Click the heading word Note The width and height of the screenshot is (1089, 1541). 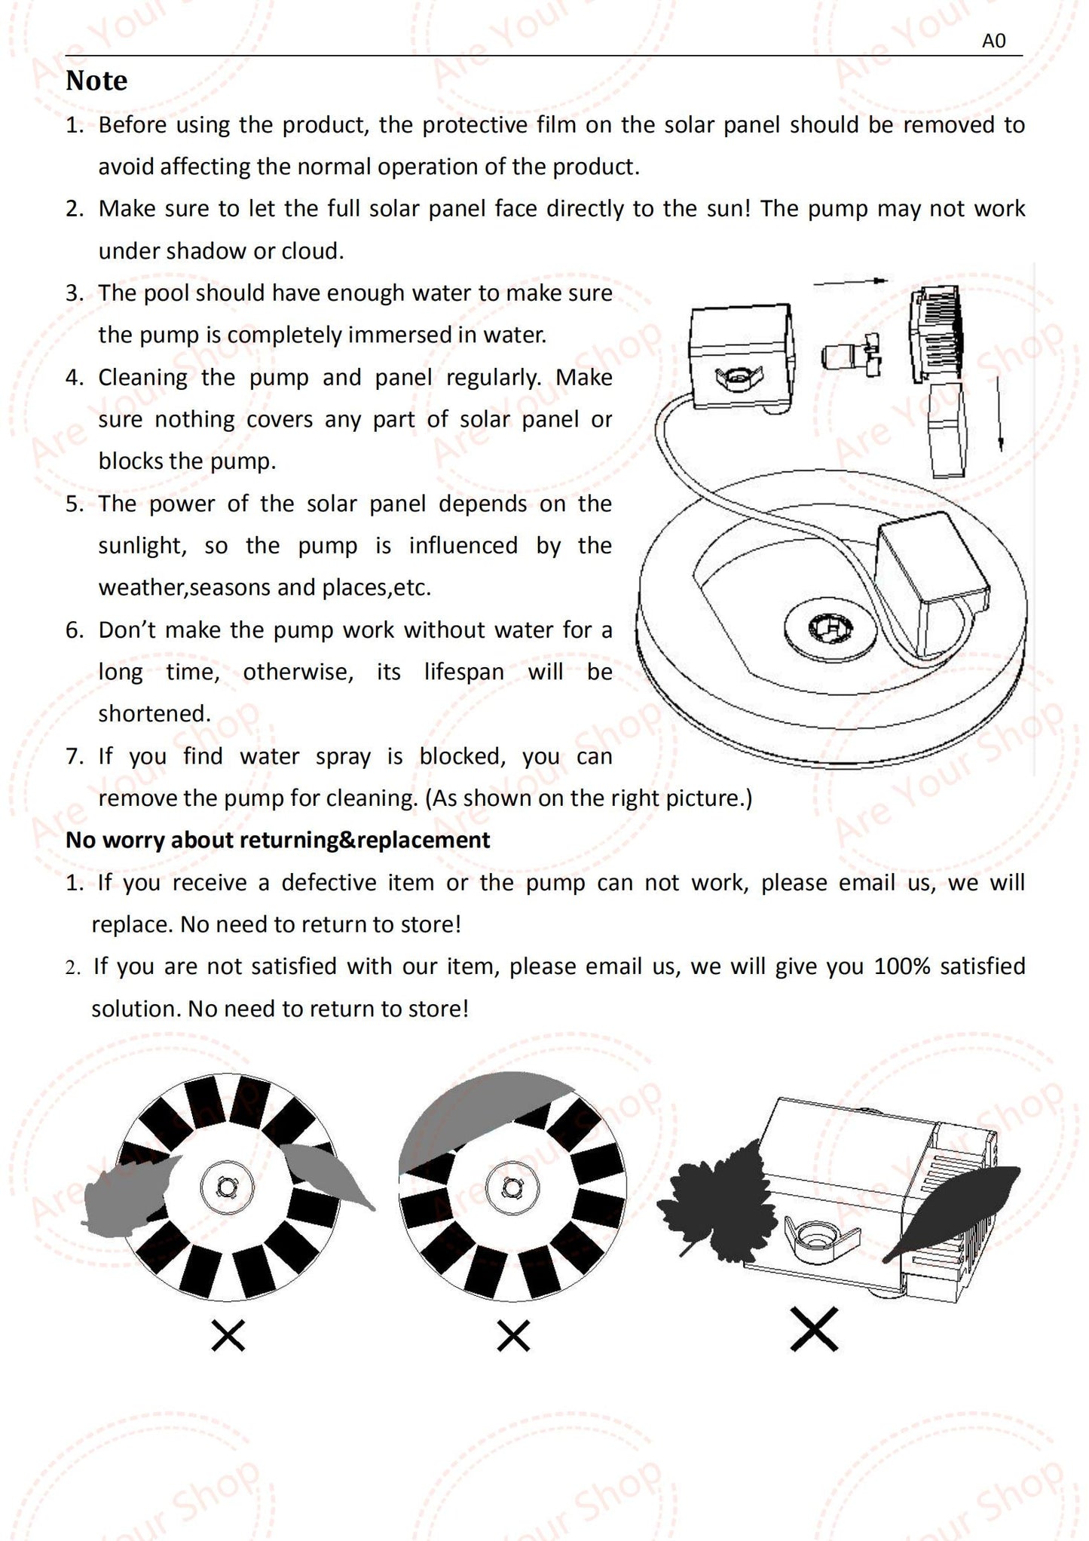point(96,81)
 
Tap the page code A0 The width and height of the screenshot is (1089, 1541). point(993,41)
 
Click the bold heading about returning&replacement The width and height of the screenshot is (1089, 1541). point(277,840)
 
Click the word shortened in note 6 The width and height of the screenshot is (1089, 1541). point(154,713)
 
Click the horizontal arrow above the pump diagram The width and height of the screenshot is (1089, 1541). point(850,282)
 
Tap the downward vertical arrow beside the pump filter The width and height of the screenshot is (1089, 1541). point(999,413)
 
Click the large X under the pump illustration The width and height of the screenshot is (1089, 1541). point(815,1329)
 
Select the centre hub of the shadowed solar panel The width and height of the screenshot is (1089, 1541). point(512,1187)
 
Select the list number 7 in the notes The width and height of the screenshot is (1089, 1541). point(74,756)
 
